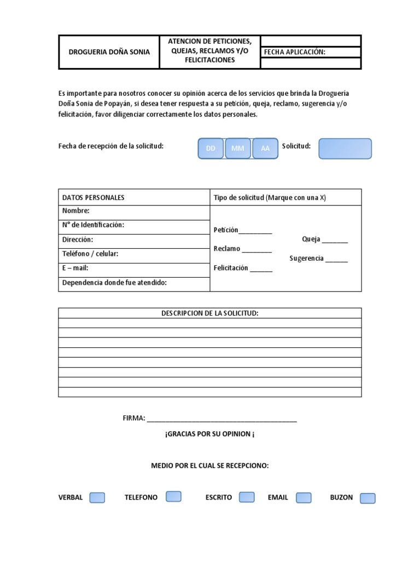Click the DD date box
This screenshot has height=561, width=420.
pos(211,148)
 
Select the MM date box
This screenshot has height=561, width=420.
pos(238,148)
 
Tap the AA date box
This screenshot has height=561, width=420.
pos(265,148)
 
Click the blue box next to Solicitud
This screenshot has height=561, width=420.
pos(345,148)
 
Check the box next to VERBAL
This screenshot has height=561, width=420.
pos(97,497)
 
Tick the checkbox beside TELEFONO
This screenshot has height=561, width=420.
pos(173,496)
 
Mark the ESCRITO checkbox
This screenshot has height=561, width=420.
pos(247,497)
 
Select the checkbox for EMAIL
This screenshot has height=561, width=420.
pos(304,497)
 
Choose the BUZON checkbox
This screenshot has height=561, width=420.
pos(368,498)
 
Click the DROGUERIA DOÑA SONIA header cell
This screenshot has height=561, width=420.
pos(109,53)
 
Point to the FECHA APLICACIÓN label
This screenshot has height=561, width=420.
pos(295,52)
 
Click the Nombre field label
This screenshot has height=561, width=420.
pos(76,211)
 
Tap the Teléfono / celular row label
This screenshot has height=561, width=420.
pos(90,254)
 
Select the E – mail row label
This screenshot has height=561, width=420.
pos(75,268)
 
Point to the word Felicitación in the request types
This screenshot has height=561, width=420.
pos(231,268)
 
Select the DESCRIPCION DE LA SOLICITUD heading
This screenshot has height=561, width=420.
pos(209,313)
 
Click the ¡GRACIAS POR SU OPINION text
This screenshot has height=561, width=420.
pos(209,434)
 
